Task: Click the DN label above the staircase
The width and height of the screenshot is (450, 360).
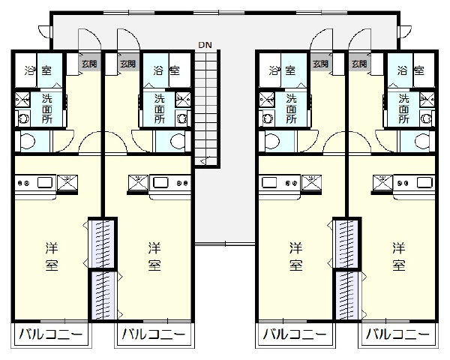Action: (x=205, y=45)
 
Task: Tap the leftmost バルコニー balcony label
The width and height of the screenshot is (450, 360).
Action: (x=51, y=334)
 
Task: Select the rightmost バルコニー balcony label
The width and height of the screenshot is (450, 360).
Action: (x=398, y=334)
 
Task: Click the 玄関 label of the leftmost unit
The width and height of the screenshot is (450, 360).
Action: (x=89, y=64)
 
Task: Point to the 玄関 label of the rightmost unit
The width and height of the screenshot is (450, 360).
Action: (x=359, y=64)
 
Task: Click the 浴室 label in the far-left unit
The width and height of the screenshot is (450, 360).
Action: (x=38, y=70)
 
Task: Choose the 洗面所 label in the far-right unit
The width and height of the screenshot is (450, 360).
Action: (x=403, y=109)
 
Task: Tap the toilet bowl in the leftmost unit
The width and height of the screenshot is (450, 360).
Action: (x=28, y=141)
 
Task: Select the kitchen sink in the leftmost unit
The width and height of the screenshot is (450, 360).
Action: (x=45, y=182)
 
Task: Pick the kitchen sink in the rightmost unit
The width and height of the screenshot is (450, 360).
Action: (x=424, y=182)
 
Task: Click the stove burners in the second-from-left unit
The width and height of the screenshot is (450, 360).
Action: (x=181, y=182)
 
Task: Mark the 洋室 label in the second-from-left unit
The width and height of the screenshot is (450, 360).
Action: (x=154, y=256)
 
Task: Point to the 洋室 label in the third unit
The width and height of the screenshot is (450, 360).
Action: (x=296, y=256)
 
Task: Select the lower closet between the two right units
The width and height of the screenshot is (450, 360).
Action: (x=346, y=295)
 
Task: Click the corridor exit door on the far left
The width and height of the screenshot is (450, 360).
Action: (x=45, y=31)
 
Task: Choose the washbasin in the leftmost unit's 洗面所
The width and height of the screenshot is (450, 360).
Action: (x=23, y=118)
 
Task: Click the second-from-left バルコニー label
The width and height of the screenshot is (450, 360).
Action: (x=154, y=334)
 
